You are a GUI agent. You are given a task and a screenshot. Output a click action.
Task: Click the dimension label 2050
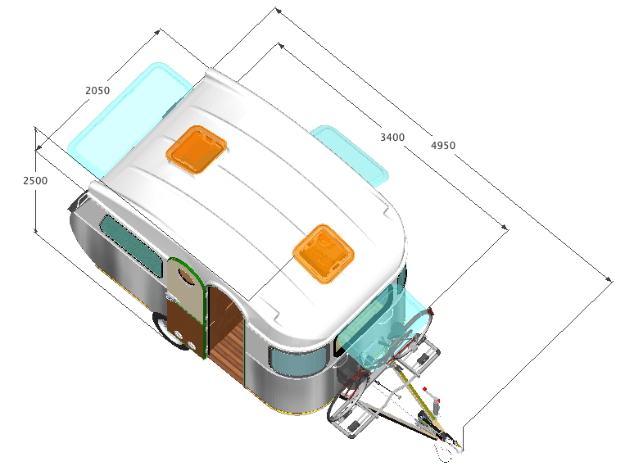coord(97,91)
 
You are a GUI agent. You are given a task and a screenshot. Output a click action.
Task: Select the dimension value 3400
coord(392,138)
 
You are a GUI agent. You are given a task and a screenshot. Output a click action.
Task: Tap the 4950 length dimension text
coord(443,146)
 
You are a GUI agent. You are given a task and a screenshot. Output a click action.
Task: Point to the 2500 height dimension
coord(35,180)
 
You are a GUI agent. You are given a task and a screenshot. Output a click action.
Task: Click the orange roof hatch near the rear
coord(196,150)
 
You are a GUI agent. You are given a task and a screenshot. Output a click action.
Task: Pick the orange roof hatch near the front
coord(324,254)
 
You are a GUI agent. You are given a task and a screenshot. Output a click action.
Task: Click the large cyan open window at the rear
coord(128,120)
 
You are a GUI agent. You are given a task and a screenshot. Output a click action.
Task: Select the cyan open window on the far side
coord(350,156)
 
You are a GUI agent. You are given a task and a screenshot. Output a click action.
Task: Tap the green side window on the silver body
coord(132,246)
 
